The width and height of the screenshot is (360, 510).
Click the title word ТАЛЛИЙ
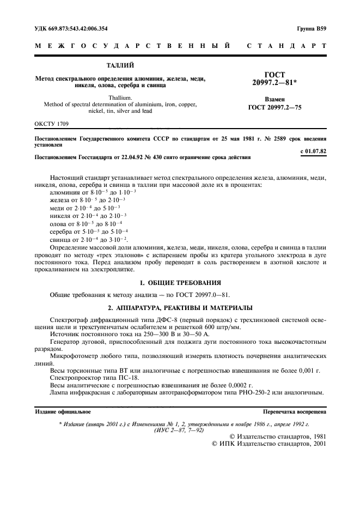[x=120, y=65]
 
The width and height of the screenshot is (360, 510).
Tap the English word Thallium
[x=120, y=97]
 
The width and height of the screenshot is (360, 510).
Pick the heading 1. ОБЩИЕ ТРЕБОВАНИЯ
[x=180, y=282]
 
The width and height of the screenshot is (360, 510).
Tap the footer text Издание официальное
[x=63, y=412]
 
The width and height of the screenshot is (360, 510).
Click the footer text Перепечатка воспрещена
[x=295, y=412]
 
